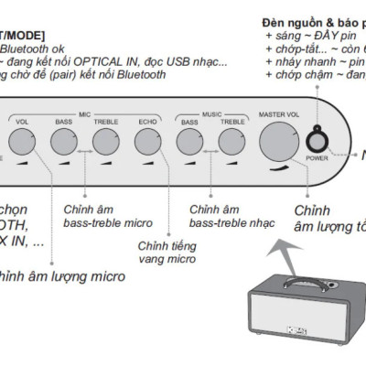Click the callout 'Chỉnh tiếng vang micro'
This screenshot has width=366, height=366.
(x=167, y=251)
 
